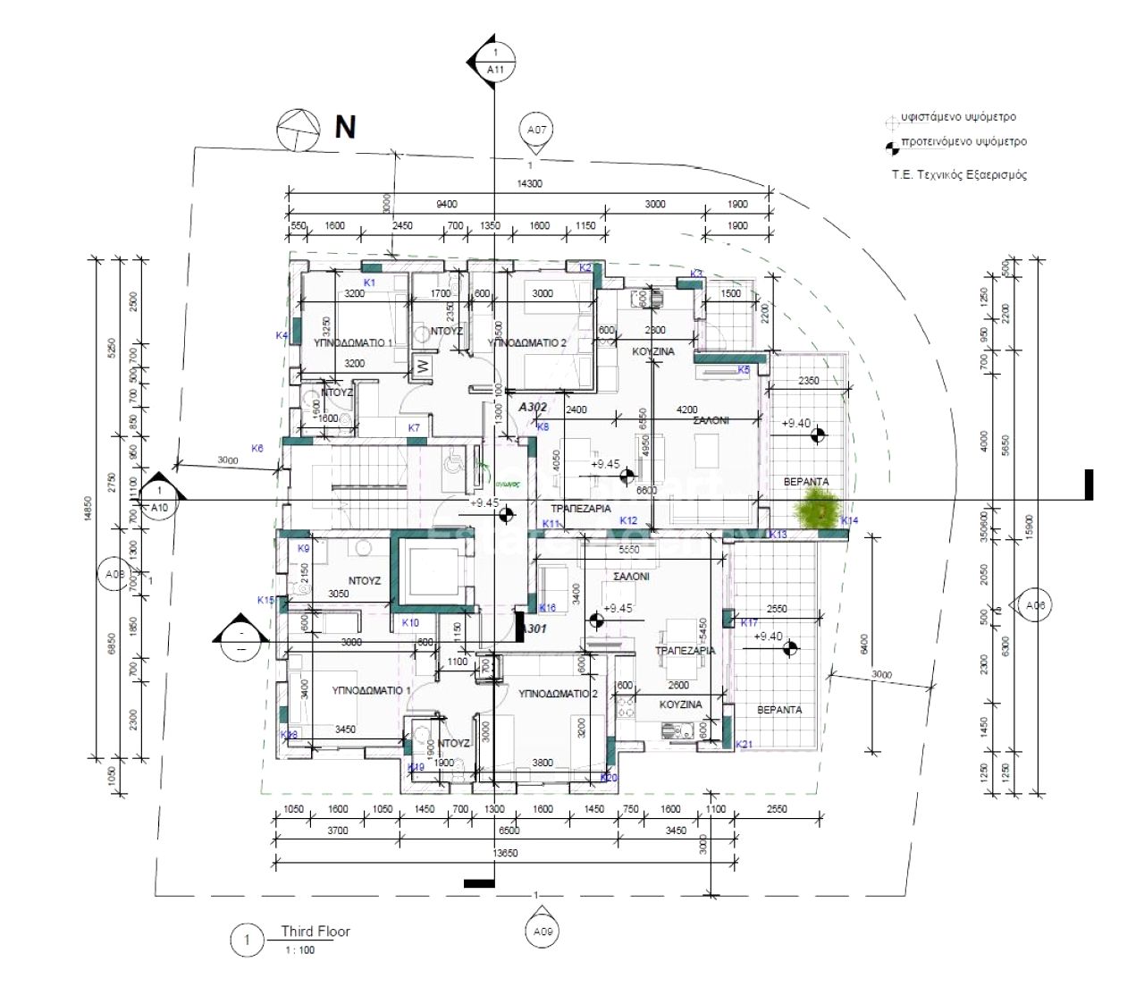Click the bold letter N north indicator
pos(345,128)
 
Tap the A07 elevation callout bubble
pos(536,131)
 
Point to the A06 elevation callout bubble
pos(1035,606)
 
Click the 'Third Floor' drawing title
pos(315,931)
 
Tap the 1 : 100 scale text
pos(299,950)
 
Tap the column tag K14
pos(849,520)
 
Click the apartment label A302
pos(533,407)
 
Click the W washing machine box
pos(419,366)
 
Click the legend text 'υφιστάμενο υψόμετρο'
pos(958,117)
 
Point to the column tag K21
pos(744,744)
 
